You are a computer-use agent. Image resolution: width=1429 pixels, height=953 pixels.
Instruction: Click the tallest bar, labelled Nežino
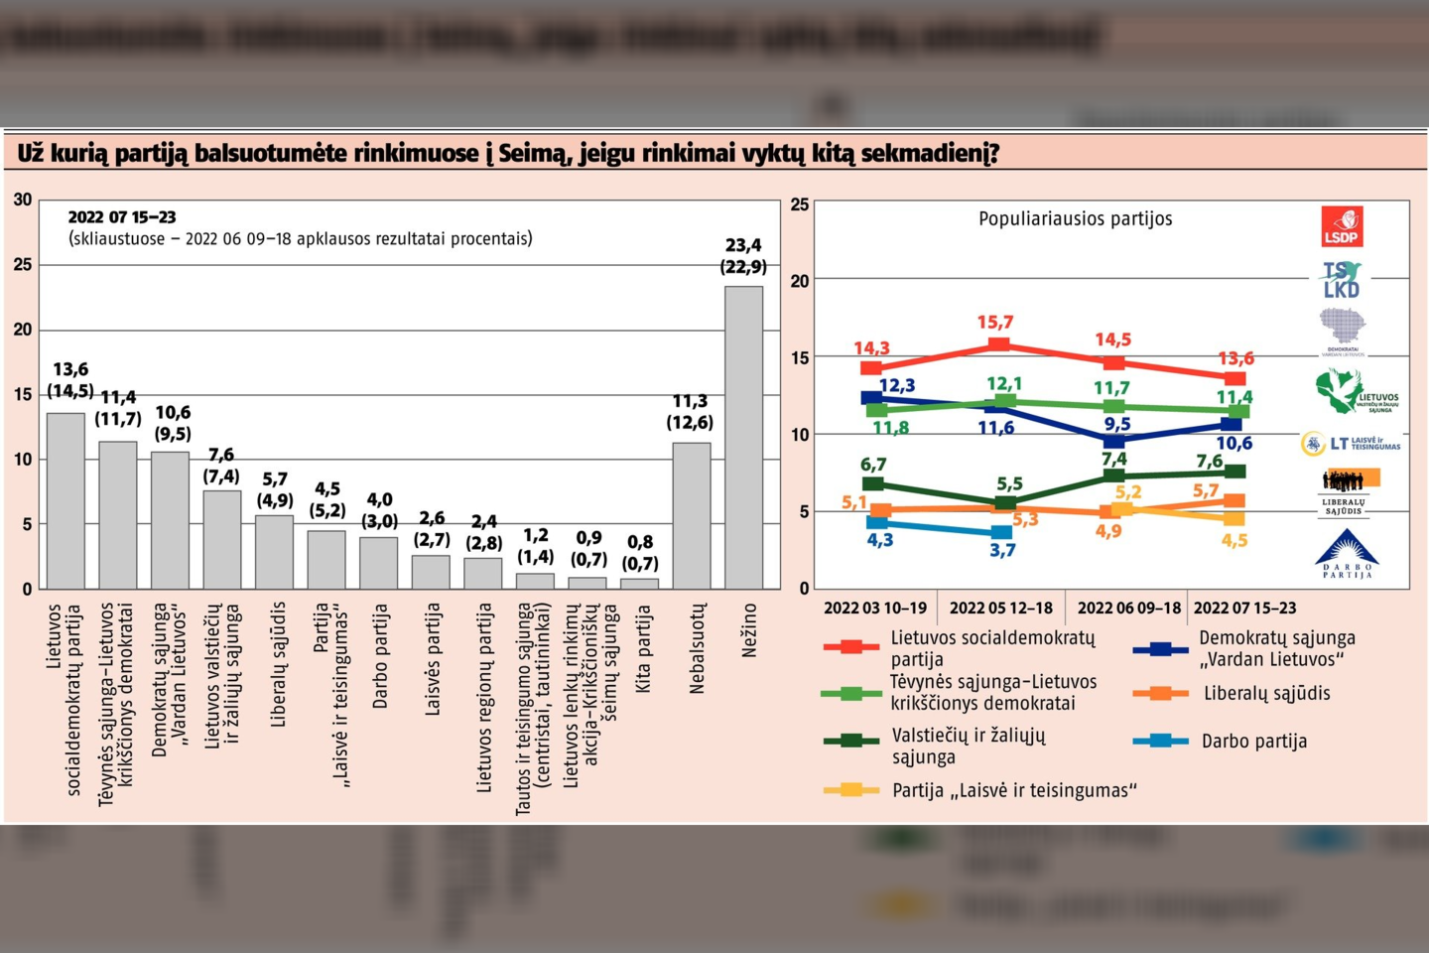[x=743, y=437]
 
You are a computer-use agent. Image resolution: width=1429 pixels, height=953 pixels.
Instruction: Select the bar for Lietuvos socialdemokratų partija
[x=65, y=500]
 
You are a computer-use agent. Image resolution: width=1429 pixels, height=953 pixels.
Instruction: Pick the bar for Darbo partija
[x=378, y=563]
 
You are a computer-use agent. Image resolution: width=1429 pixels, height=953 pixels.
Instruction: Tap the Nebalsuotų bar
[x=692, y=515]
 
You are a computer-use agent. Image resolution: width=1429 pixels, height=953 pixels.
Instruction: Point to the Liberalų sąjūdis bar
[x=274, y=552]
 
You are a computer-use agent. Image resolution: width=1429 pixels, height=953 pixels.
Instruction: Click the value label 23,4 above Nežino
[x=743, y=245]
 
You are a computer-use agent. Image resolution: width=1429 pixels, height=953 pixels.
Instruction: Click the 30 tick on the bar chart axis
[x=23, y=201]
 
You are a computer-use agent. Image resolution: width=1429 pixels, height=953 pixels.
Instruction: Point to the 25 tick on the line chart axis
[x=800, y=205]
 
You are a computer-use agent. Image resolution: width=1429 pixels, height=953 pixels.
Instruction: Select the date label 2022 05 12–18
[x=1000, y=608]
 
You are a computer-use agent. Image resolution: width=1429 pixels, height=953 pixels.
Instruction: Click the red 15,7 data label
[x=994, y=323]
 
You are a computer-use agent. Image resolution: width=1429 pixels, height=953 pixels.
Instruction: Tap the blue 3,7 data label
[x=1002, y=550]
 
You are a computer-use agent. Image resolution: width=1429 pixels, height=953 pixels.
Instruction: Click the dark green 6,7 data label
[x=873, y=465]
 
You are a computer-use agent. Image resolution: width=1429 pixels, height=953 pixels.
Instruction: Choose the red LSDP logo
[x=1342, y=226]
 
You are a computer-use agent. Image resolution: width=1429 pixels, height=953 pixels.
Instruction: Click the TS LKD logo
[x=1342, y=280]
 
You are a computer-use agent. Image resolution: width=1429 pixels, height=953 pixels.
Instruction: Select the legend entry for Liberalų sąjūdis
[x=1265, y=694]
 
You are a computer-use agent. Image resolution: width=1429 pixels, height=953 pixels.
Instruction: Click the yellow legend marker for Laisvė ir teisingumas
[x=850, y=790]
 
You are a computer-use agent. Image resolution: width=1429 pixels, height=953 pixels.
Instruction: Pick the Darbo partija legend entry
[x=1253, y=742]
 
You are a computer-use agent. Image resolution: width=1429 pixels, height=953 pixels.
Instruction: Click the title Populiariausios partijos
[x=1075, y=219]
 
